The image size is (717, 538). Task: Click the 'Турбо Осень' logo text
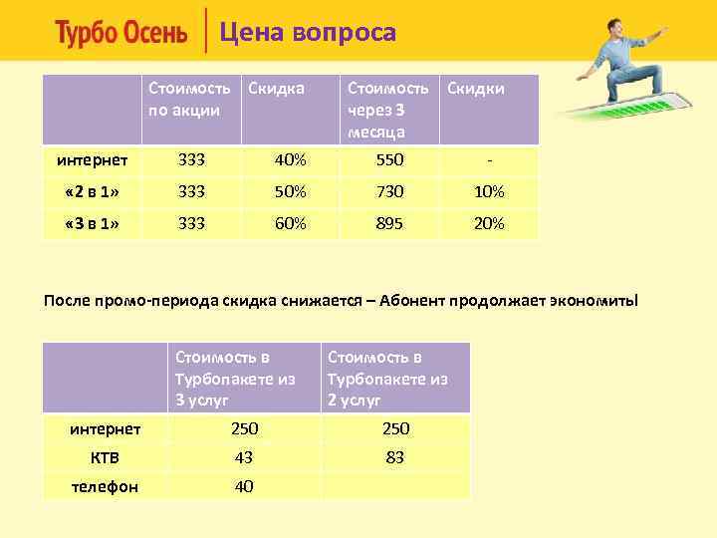(120, 34)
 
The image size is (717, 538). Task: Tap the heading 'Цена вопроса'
(308, 33)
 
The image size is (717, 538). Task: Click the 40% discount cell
(290, 159)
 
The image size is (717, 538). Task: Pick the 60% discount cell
(290, 224)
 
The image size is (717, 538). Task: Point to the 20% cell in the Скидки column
(489, 224)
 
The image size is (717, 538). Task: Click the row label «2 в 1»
(92, 191)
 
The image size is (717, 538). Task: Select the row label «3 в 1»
(92, 224)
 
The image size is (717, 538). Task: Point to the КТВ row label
(105, 457)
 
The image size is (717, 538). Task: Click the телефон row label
(105, 486)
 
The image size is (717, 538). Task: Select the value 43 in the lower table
(244, 457)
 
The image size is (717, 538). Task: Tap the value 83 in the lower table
(394, 457)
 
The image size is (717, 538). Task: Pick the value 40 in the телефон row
(244, 486)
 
